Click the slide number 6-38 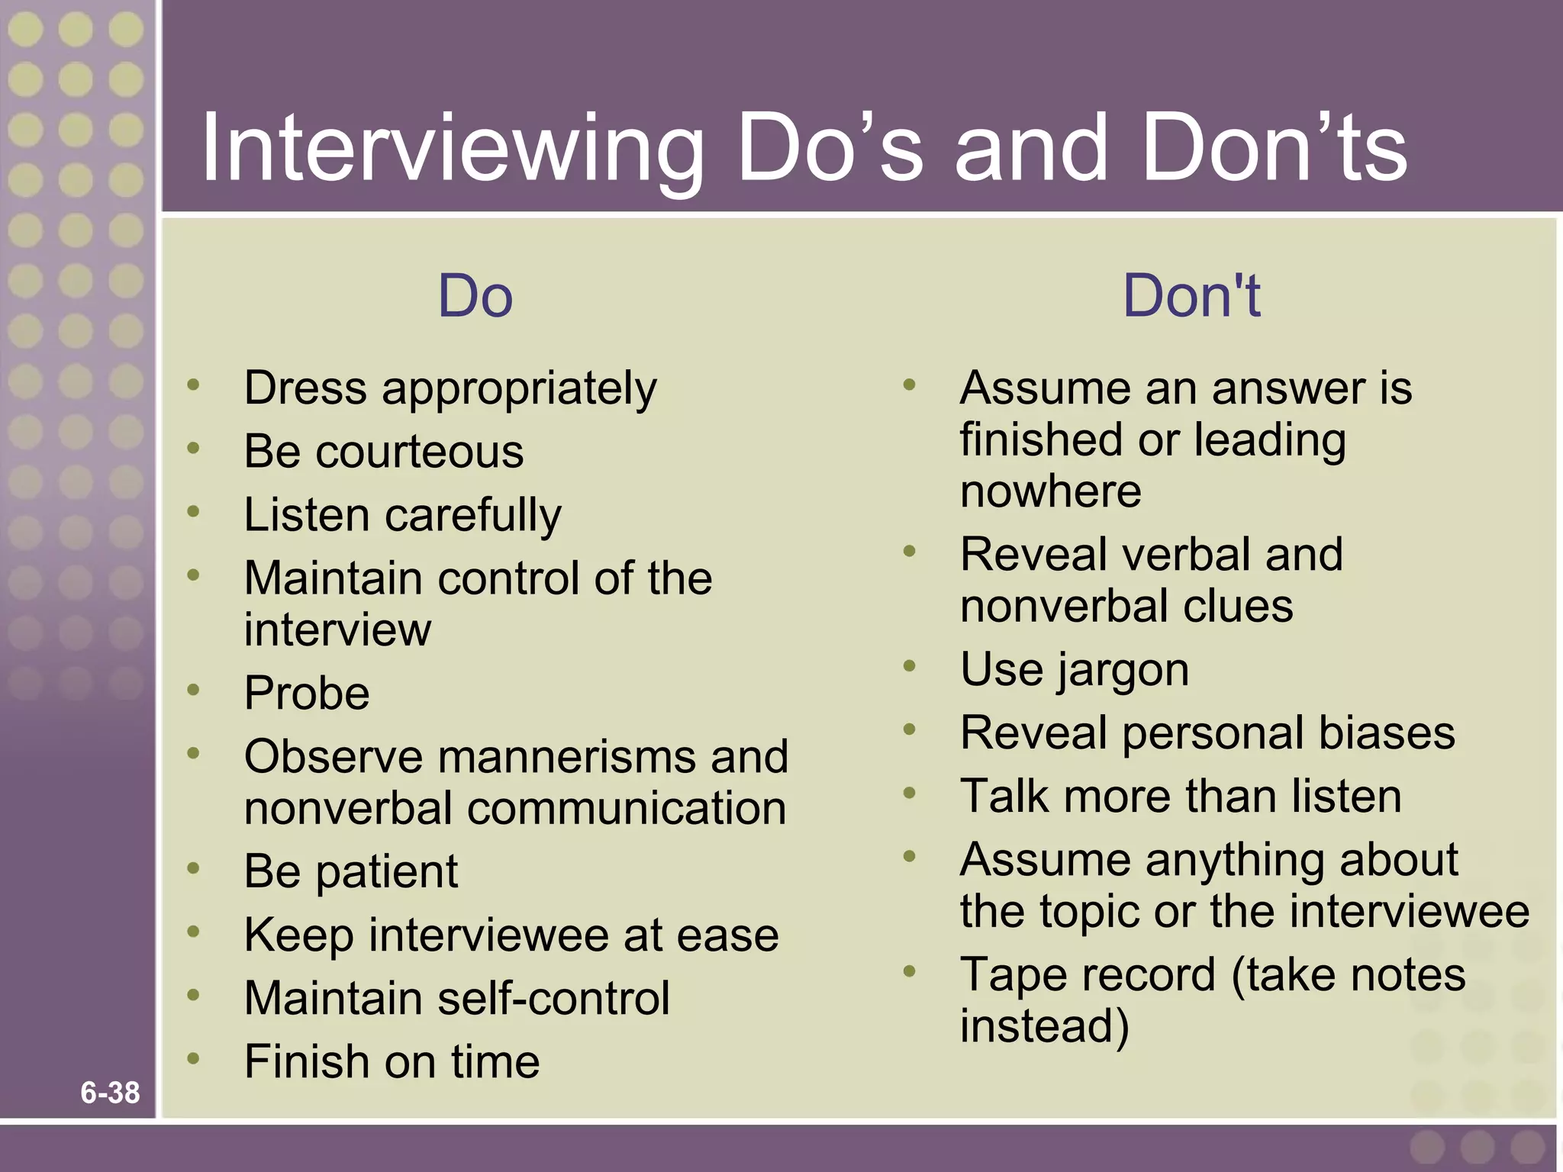tap(110, 1093)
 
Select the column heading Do tap(475, 296)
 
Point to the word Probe tap(307, 693)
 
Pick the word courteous tap(420, 452)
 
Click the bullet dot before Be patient tap(194, 868)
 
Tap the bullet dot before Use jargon tap(909, 666)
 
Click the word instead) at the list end tap(1044, 1026)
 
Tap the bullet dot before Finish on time tap(194, 1058)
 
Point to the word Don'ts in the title tap(1275, 149)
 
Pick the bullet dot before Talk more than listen tap(909, 793)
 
